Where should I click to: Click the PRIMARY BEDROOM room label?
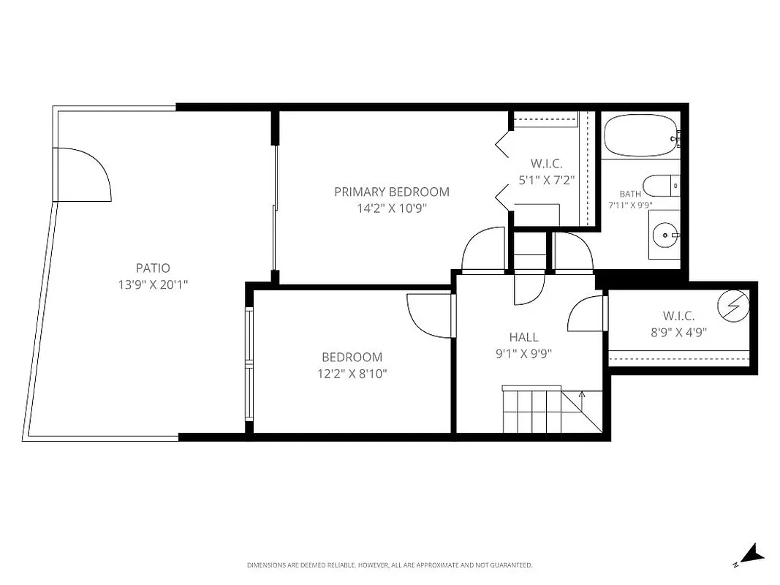click(x=391, y=192)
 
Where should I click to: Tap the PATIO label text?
click(x=153, y=268)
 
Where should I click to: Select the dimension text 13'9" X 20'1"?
click(x=153, y=284)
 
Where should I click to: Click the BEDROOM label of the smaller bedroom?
click(x=352, y=358)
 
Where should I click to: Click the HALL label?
click(x=523, y=337)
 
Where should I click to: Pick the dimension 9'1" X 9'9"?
click(x=523, y=353)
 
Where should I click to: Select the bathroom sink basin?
click(x=665, y=235)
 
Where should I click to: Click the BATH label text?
click(x=630, y=194)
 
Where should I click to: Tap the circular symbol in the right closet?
click(x=734, y=306)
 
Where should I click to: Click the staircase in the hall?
click(x=541, y=411)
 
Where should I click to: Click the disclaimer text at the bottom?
click(x=390, y=565)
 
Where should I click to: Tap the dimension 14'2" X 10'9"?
click(x=391, y=208)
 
